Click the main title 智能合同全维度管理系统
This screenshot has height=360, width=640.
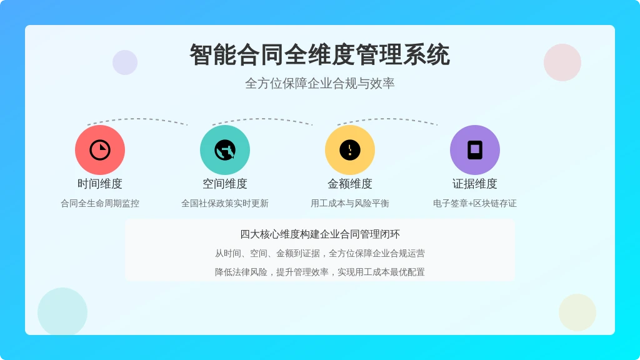tap(319, 55)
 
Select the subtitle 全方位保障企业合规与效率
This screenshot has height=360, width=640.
tap(319, 83)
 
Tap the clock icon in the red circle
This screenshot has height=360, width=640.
tap(100, 150)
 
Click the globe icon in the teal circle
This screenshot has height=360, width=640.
tap(225, 150)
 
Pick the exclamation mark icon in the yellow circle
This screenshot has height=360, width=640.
tap(350, 150)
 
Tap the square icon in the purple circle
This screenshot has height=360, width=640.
tap(475, 150)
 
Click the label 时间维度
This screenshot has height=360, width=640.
tap(100, 184)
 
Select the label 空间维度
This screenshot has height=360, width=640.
tap(225, 184)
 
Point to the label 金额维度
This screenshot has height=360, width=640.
tap(350, 184)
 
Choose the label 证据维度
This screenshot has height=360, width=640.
tap(475, 184)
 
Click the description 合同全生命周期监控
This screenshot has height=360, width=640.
tap(100, 203)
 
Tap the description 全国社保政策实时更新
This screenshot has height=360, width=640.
tap(225, 203)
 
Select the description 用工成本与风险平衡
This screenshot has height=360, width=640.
tap(350, 203)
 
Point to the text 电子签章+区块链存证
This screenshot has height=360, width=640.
tap(475, 203)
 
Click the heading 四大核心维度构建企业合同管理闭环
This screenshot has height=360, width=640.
tap(320, 234)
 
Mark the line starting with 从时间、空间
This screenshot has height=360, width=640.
tap(320, 254)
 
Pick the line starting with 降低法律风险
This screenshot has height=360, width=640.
tap(320, 272)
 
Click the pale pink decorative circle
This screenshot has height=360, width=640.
tap(562, 62)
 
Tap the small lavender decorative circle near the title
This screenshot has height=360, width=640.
tap(125, 62)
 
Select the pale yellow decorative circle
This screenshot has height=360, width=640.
tap(577, 312)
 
